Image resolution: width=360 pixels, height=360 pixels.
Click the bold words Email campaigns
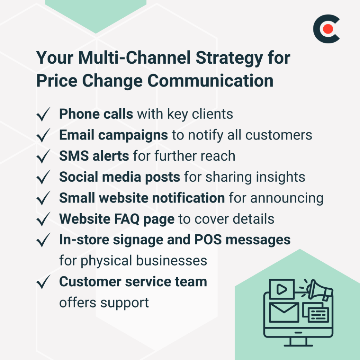point(114,135)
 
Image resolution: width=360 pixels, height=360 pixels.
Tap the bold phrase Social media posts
point(119,177)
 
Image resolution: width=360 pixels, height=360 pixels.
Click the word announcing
point(287,198)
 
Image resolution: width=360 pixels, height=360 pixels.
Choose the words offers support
point(104,303)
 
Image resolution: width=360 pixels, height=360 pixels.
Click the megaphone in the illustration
point(320,290)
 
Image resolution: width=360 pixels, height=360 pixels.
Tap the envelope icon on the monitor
point(284,311)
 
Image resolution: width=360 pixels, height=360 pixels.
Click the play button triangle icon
point(281,289)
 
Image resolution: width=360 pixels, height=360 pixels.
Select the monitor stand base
point(298,344)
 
